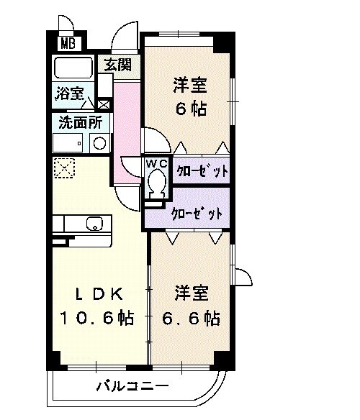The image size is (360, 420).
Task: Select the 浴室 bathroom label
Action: click(x=69, y=93)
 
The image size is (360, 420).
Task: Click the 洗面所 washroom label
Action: click(x=79, y=122)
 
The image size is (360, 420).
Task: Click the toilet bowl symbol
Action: click(x=156, y=186)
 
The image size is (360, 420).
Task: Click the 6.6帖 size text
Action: click(x=196, y=317)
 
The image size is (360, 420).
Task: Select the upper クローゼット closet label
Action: click(x=202, y=171)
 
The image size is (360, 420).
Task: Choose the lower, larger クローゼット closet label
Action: click(x=196, y=214)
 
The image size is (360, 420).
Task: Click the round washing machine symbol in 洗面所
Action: click(x=99, y=142)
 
